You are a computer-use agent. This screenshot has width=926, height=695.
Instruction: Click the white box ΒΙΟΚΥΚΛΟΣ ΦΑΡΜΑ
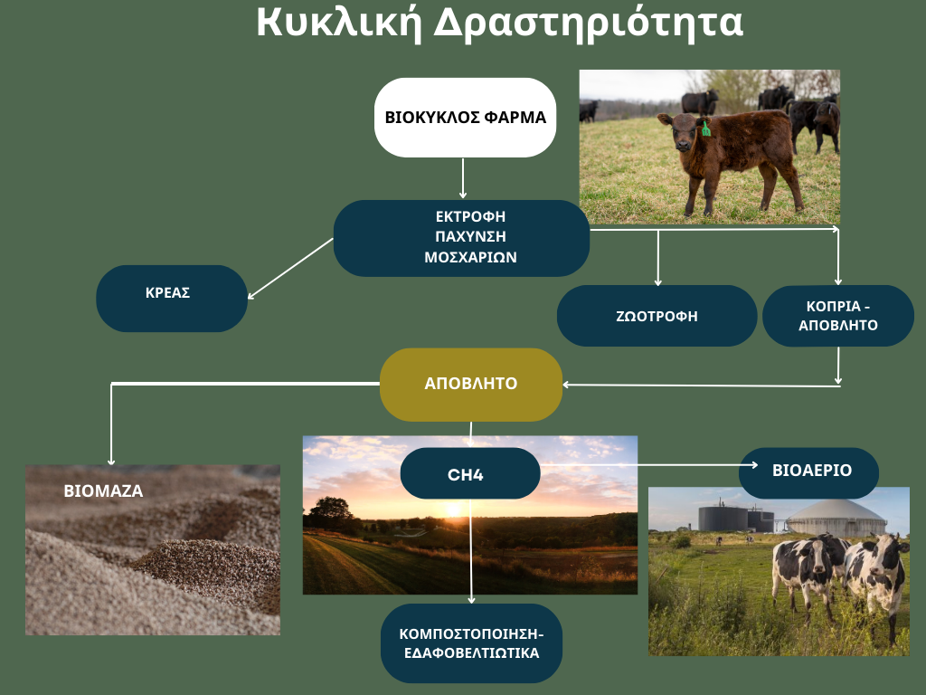click(x=466, y=118)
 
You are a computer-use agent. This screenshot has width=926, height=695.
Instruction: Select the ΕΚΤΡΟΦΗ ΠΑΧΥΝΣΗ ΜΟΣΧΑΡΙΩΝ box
click(x=461, y=238)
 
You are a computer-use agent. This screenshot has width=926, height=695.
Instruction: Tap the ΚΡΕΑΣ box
click(x=172, y=299)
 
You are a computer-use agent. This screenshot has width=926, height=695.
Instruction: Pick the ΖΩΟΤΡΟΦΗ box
click(x=657, y=316)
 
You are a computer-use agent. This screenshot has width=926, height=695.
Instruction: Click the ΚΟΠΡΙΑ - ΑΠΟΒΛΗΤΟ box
click(x=838, y=316)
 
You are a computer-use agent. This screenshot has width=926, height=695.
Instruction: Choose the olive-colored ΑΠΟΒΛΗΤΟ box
click(x=470, y=384)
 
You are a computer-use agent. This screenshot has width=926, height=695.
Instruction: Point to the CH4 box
click(x=470, y=473)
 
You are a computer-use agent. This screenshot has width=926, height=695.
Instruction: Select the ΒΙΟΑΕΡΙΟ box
click(x=809, y=472)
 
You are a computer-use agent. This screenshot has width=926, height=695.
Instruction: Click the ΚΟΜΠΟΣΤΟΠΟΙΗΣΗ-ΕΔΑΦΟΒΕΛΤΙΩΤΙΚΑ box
click(x=471, y=643)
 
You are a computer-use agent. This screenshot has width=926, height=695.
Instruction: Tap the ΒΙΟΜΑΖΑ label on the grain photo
click(x=103, y=491)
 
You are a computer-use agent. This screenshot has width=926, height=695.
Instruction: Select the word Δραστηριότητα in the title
click(x=588, y=24)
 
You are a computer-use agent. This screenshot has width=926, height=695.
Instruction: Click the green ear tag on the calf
click(x=705, y=129)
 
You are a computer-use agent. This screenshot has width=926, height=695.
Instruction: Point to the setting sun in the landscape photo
click(x=453, y=509)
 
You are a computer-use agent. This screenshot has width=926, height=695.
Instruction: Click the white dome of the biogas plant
click(x=836, y=518)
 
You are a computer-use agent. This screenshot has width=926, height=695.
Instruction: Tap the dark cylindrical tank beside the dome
click(x=723, y=518)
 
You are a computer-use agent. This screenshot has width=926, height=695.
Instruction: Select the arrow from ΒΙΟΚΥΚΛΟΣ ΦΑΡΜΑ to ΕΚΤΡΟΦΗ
click(x=462, y=178)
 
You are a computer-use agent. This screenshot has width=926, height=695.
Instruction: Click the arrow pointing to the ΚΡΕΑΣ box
click(x=290, y=269)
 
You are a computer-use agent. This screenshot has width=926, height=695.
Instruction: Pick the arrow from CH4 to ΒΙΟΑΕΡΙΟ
click(x=649, y=465)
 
